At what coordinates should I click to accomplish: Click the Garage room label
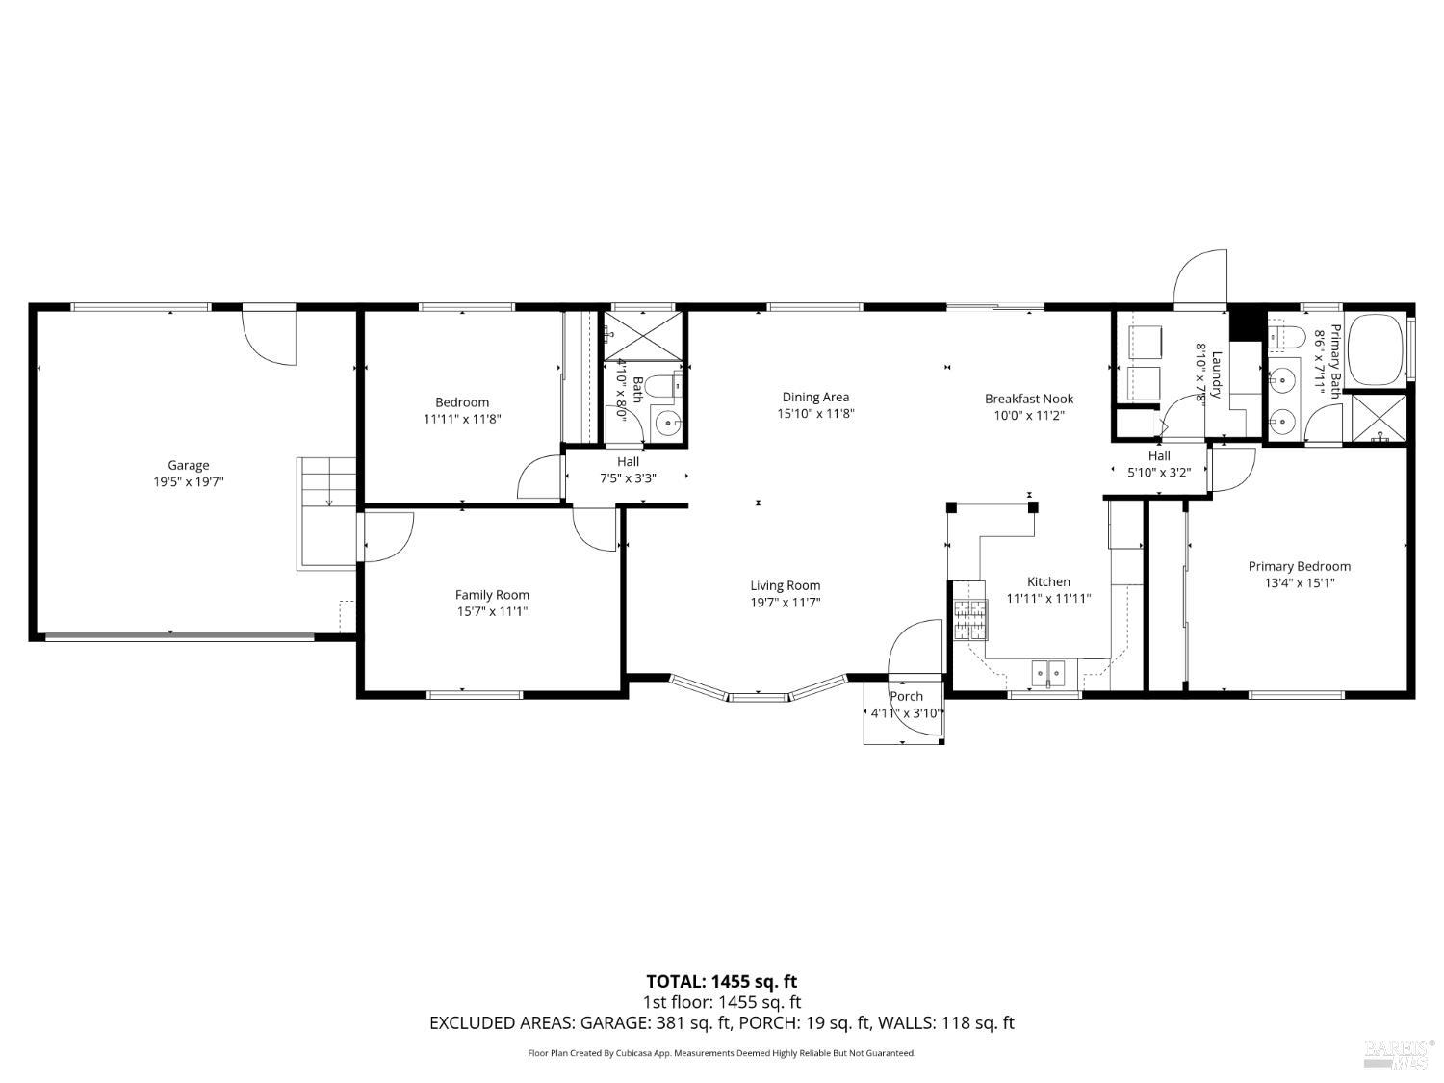point(188,465)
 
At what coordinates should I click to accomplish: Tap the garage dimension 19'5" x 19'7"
point(188,481)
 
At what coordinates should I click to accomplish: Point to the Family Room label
point(492,595)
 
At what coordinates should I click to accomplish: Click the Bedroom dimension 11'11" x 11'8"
point(462,419)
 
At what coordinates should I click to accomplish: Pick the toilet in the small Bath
point(663,386)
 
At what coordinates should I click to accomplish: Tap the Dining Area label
point(815,397)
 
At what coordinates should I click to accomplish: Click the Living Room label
point(786,585)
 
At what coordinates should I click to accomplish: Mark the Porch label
point(906,696)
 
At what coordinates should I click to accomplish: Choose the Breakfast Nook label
point(1028,399)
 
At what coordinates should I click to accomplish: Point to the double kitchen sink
point(1046,671)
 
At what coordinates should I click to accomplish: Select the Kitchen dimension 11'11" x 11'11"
point(1048,598)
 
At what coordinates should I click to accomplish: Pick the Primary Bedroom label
point(1299,566)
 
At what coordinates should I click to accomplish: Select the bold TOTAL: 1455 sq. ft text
point(721,982)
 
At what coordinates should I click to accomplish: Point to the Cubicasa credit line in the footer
point(721,1053)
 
